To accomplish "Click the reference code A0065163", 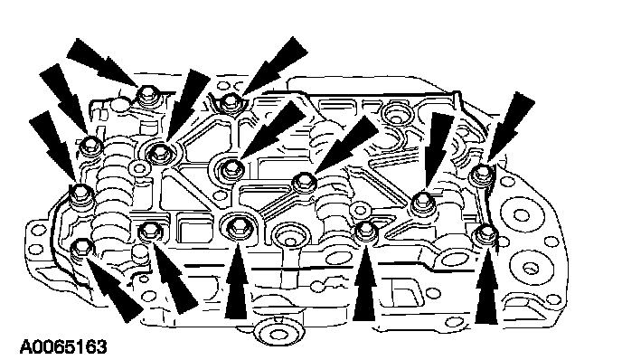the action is [63, 346].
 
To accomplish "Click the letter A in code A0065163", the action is [26, 346].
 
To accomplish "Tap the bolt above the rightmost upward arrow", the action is [485, 235].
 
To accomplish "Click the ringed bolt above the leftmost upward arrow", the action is [238, 227].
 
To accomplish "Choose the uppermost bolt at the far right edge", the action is [482, 174].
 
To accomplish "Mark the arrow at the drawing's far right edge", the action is [511, 126].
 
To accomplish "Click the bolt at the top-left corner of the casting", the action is [146, 96].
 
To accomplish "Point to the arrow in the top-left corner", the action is [104, 62].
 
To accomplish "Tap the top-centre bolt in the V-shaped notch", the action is [230, 102].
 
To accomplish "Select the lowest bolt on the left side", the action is [81, 250].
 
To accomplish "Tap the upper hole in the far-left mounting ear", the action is [38, 230].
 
